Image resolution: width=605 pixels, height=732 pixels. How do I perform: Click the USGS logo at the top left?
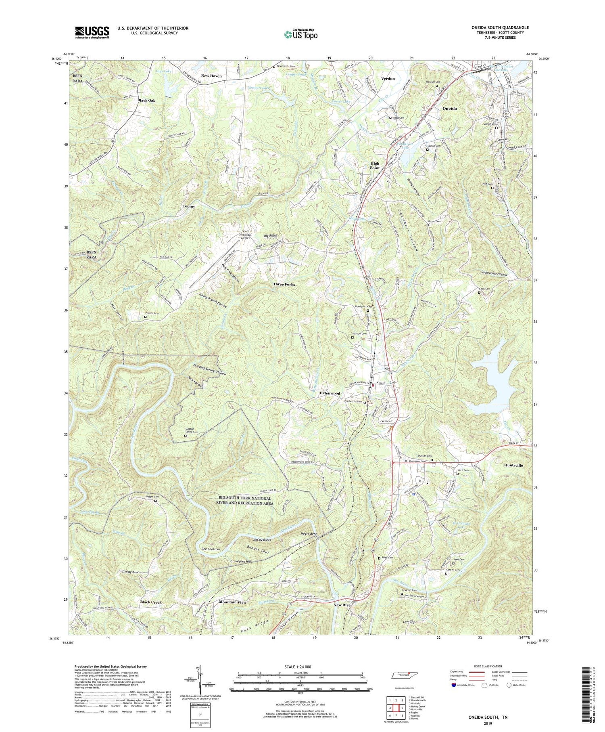(92, 32)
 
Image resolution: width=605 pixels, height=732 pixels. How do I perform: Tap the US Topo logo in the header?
(300, 35)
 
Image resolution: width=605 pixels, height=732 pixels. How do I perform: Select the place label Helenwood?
(330, 393)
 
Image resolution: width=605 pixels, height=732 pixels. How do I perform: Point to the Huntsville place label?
(513, 466)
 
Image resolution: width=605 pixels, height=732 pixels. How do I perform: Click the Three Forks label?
(284, 284)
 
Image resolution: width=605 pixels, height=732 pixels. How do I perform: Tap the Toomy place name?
(188, 206)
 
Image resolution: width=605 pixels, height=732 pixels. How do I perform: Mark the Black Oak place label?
(146, 100)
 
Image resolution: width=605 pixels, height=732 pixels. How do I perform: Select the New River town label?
(343, 605)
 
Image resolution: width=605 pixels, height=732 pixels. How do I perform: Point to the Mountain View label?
(232, 602)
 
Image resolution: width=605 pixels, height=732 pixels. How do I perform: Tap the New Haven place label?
(211, 76)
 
